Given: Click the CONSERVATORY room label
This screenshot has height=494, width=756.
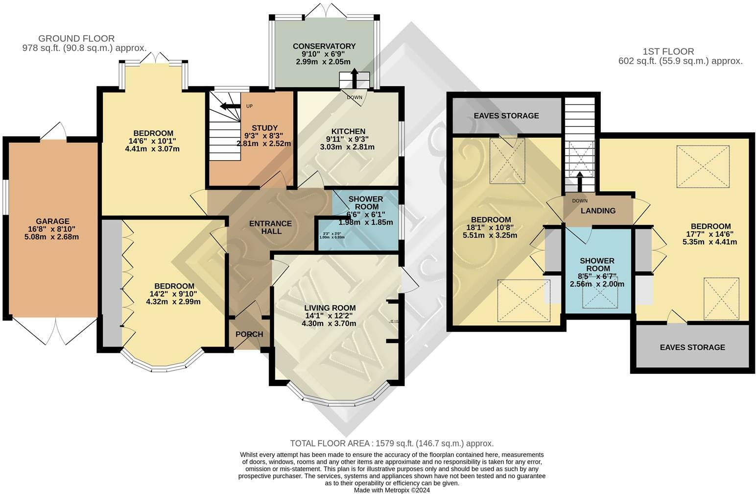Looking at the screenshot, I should pyautogui.click(x=324, y=46).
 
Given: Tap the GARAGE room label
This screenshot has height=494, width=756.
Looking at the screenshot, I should pyautogui.click(x=52, y=221).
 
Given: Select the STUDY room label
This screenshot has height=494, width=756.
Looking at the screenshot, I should pyautogui.click(x=264, y=128).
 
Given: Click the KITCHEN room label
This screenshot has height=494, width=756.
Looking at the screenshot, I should pyautogui.click(x=348, y=131).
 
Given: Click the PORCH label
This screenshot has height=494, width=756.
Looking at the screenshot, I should pyautogui.click(x=249, y=334).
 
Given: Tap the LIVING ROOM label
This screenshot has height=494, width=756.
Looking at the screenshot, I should pyautogui.click(x=329, y=308).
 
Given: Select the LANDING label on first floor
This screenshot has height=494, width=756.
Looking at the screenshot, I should pyautogui.click(x=598, y=211).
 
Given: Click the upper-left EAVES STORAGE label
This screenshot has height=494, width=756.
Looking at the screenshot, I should pyautogui.click(x=506, y=116).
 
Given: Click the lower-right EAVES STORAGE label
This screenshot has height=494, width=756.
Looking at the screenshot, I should pyautogui.click(x=692, y=347).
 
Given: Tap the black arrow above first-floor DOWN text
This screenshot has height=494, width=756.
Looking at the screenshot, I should pyautogui.click(x=580, y=183).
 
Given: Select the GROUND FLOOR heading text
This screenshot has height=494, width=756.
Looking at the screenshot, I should pyautogui.click(x=76, y=38).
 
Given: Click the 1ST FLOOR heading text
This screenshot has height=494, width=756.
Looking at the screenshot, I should pyautogui.click(x=668, y=51).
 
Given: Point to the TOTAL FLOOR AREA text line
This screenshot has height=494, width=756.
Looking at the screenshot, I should pyautogui.click(x=392, y=444).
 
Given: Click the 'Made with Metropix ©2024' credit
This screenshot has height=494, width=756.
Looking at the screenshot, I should pyautogui.click(x=392, y=490).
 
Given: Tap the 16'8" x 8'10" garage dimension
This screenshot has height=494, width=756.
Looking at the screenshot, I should pyautogui.click(x=52, y=229).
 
